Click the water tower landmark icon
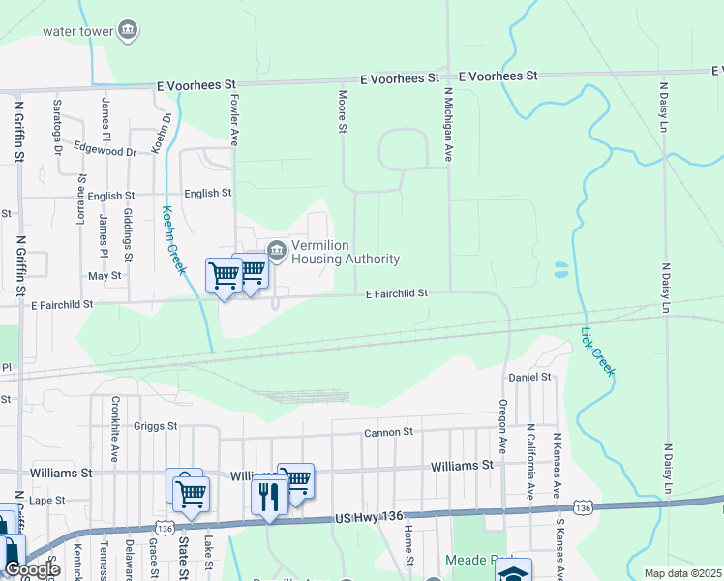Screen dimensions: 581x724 [128, 31]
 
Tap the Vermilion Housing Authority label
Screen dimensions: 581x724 [346, 252]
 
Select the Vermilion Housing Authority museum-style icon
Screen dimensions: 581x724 [277, 252]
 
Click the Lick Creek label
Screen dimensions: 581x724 [597, 352]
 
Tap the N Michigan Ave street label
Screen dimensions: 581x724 [448, 124]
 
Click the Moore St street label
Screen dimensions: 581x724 [342, 112]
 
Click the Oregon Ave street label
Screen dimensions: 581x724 [503, 426]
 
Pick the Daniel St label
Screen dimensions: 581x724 [529, 376]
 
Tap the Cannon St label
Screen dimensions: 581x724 [388, 432]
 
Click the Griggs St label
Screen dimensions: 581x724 [156, 425]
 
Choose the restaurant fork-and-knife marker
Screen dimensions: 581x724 [267, 497]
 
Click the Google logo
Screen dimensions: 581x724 [31, 570]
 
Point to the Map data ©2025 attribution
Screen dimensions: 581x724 [683, 573]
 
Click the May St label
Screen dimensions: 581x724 [104, 276]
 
